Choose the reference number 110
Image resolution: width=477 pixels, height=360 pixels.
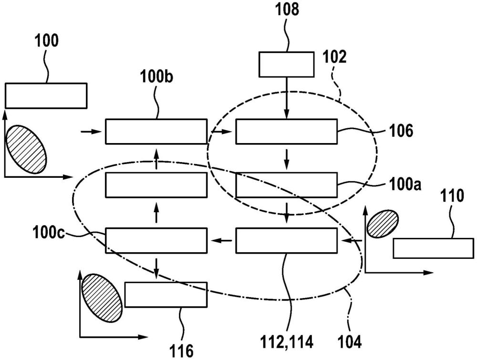coord(452,196)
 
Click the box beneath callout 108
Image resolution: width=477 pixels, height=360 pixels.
coord(286,64)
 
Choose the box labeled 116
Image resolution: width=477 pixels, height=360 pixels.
coord(166,294)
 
